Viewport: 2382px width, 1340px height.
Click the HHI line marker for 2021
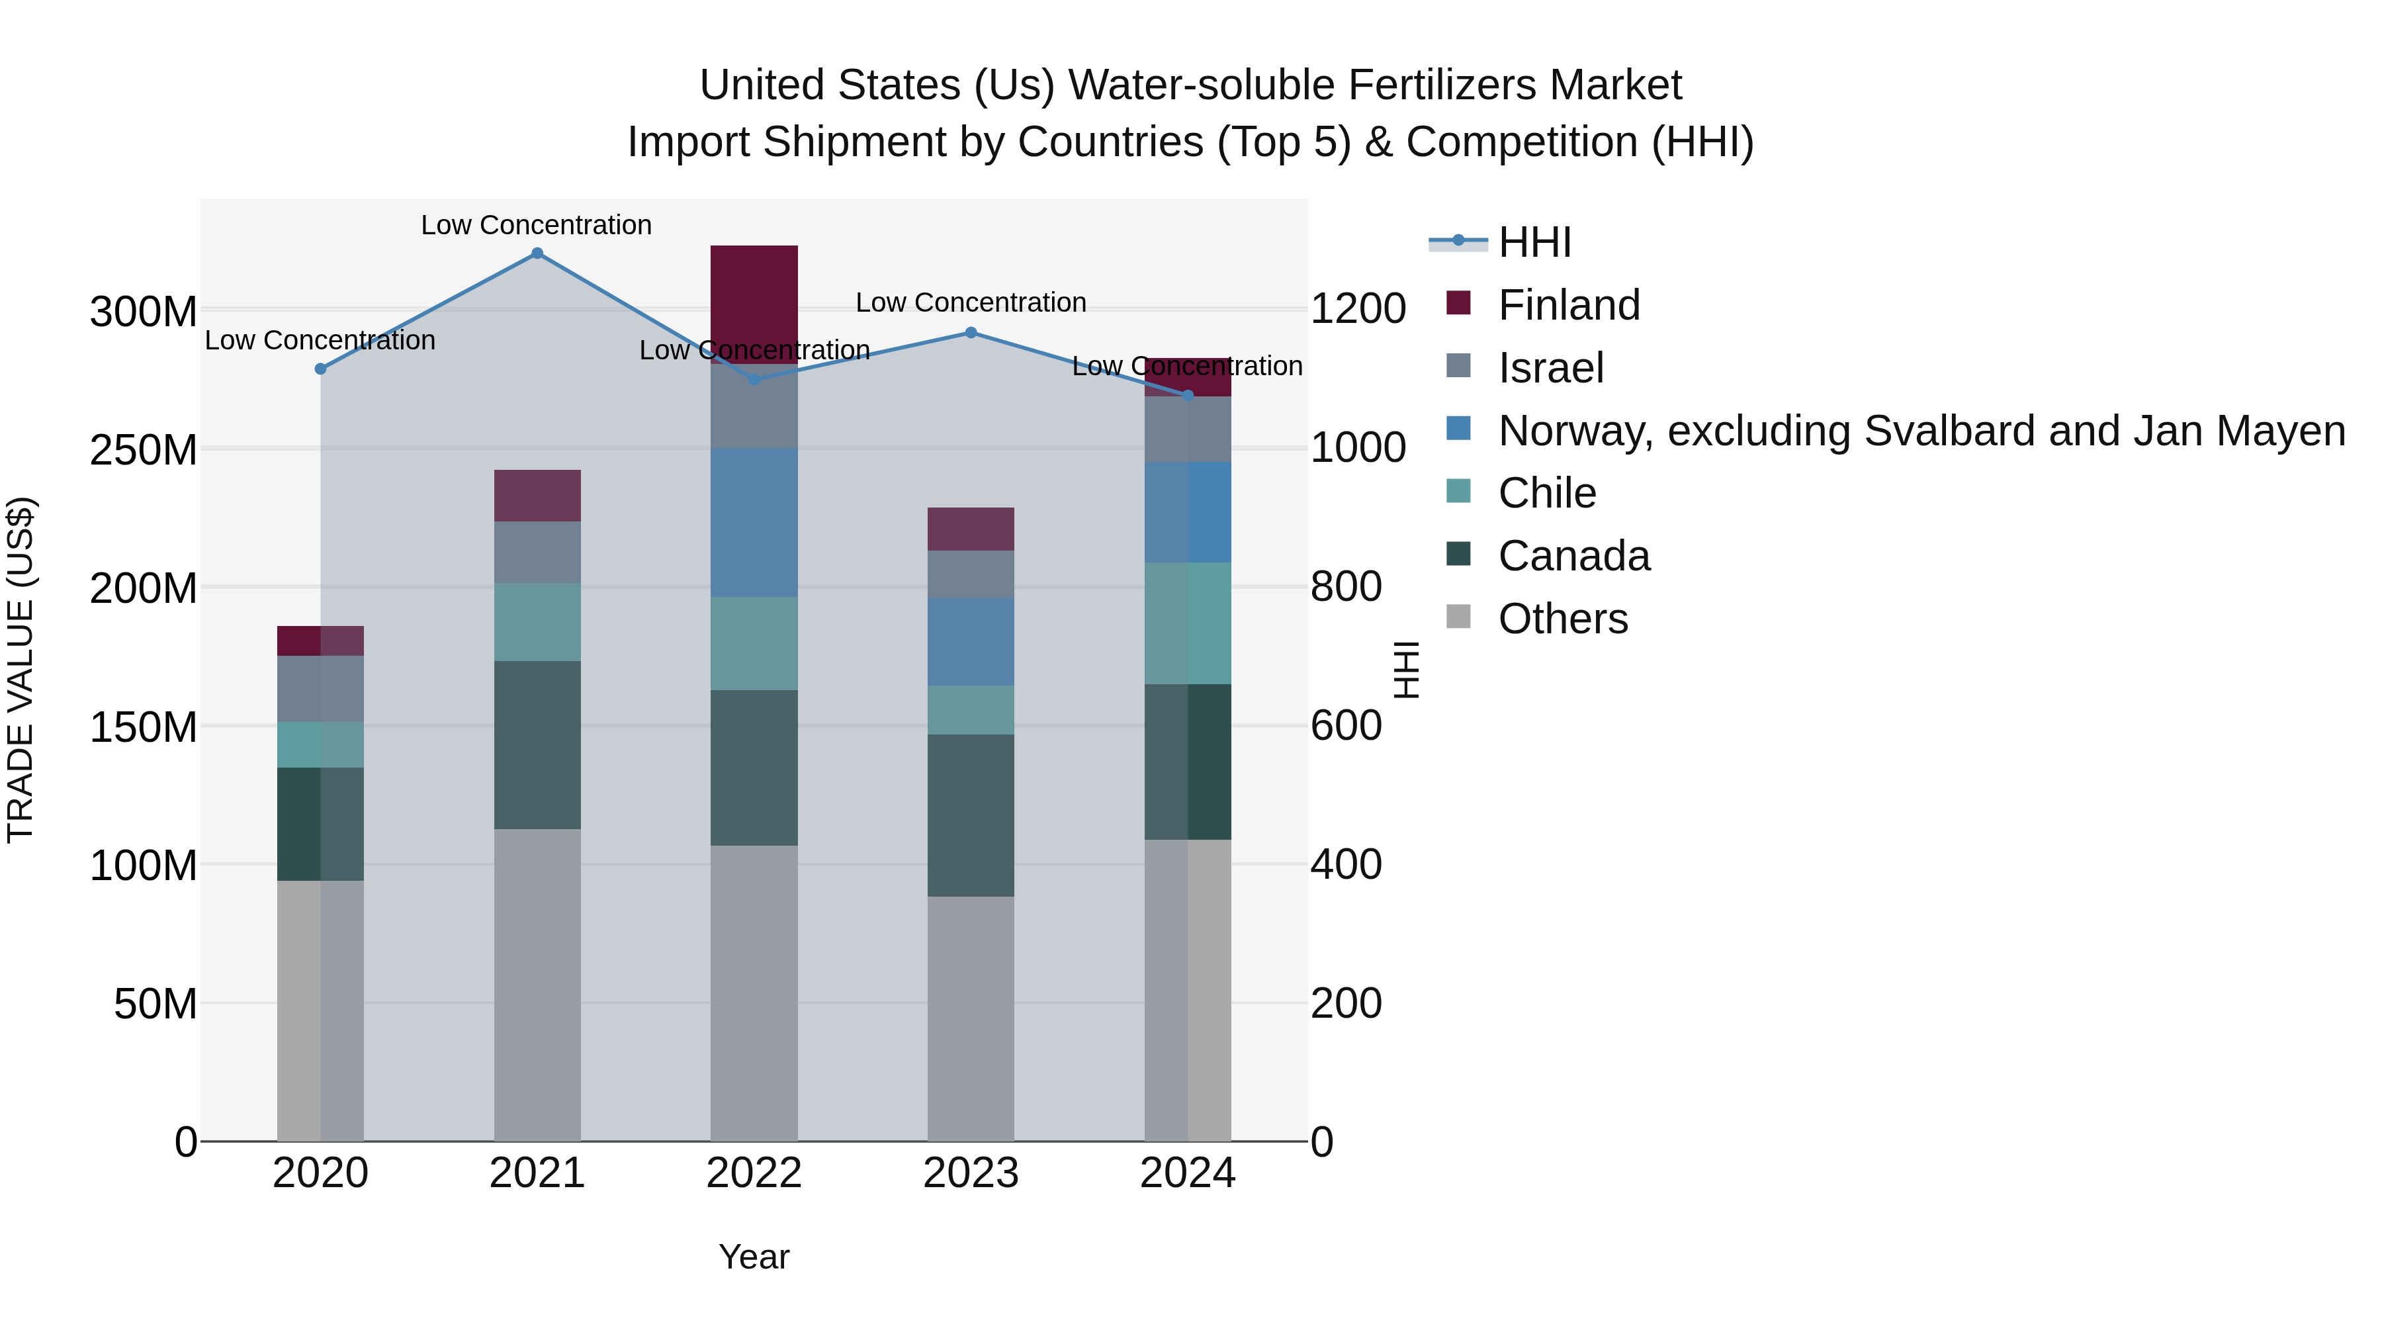[537, 253]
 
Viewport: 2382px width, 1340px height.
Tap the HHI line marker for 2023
[971, 333]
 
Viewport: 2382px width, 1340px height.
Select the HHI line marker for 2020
[321, 369]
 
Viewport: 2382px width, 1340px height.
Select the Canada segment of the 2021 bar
[537, 744]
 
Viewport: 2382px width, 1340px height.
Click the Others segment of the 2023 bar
[971, 1017]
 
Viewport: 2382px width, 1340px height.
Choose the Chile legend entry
[1546, 493]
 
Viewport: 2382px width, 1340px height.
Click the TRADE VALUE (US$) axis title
[21, 670]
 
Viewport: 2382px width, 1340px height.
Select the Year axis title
[754, 1257]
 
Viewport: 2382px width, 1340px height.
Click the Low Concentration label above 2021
[537, 225]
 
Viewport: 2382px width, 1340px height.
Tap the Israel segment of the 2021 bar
[537, 552]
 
